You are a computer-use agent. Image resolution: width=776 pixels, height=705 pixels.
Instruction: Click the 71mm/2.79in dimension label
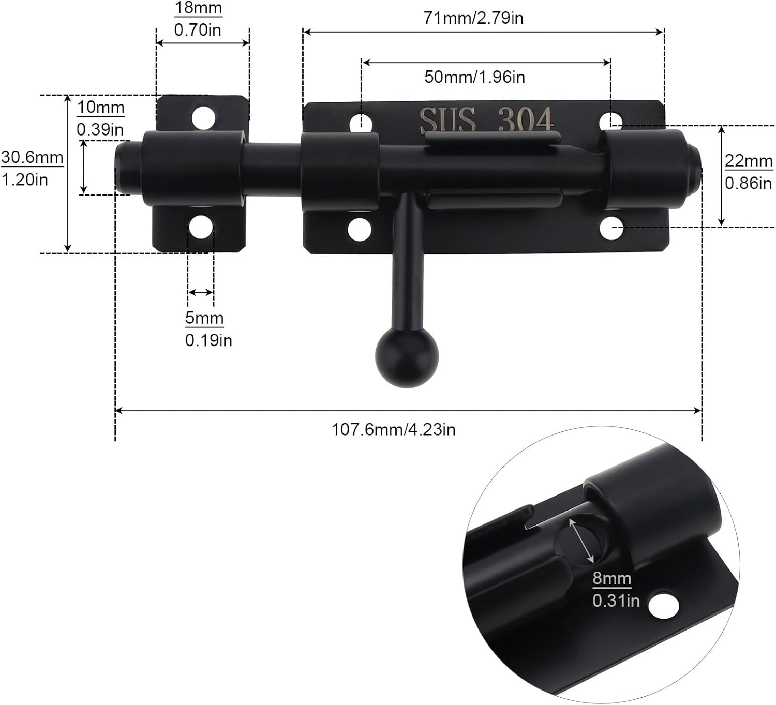click(473, 18)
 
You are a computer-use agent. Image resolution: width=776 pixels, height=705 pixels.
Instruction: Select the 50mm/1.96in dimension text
click(474, 77)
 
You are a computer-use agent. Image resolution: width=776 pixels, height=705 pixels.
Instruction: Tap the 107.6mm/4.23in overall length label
click(393, 429)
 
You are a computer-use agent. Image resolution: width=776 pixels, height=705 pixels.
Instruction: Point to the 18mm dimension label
click(198, 8)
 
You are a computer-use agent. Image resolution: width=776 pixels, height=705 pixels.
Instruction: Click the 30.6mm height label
click(32, 157)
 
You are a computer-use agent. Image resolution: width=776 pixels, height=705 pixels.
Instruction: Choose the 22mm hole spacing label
click(748, 161)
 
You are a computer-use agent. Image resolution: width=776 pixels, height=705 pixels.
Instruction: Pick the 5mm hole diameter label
click(204, 318)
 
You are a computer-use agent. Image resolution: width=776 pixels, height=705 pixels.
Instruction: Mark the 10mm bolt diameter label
click(101, 108)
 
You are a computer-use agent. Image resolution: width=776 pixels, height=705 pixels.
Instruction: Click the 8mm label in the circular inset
click(611, 578)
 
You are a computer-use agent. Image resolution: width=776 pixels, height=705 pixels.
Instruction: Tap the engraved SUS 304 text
click(486, 120)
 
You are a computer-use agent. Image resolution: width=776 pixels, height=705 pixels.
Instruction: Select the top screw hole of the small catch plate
click(203, 118)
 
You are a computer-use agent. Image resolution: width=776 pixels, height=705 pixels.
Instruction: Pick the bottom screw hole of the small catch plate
click(201, 227)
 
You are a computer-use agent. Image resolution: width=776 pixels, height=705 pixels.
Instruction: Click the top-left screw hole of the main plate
click(361, 123)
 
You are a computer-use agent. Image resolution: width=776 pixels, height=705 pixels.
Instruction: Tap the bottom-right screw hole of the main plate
click(611, 229)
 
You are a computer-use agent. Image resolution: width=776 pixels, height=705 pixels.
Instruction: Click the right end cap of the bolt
click(693, 168)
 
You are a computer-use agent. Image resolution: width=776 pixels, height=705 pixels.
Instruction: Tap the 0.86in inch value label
click(748, 183)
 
